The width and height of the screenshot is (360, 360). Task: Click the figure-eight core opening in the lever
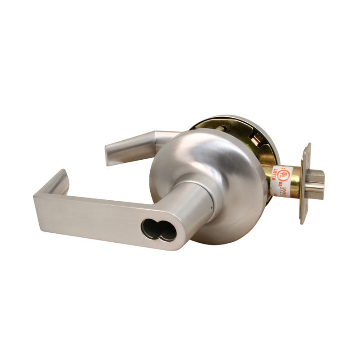point(158,230)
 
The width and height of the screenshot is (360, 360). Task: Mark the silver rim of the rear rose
point(271,135)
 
